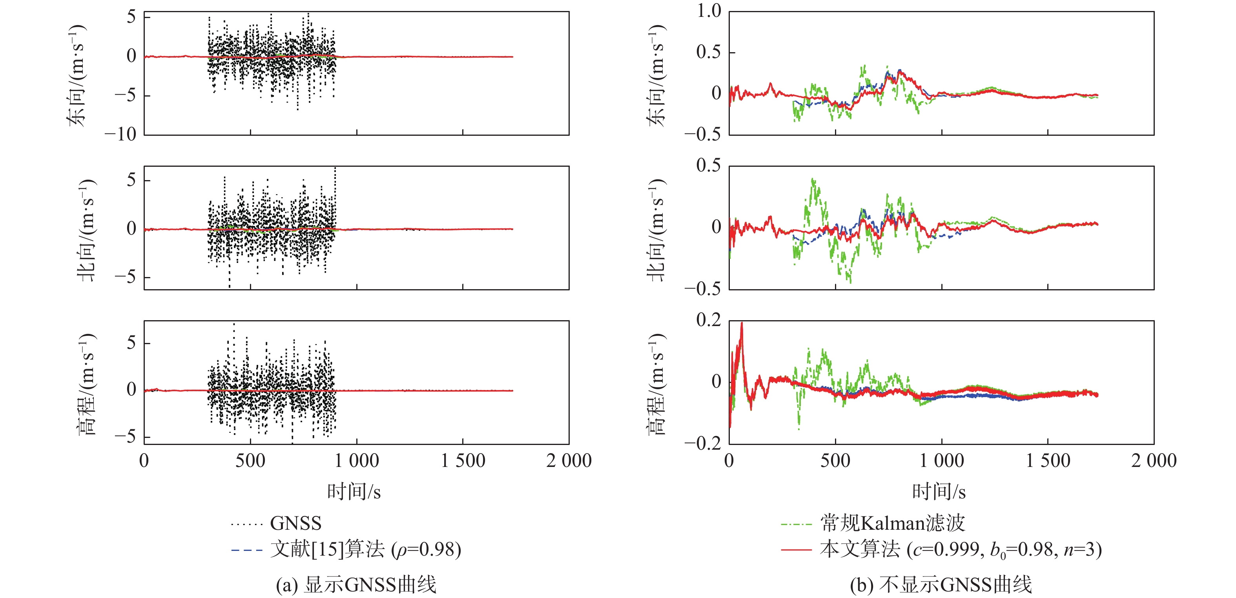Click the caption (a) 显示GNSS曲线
coord(356,585)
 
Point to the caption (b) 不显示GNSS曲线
coord(941,585)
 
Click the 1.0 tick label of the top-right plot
coord(709,11)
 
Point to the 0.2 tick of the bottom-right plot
coord(709,320)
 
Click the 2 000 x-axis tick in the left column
coord(569,461)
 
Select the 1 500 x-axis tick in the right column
coord(1048,461)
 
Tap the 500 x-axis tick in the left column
coord(250,461)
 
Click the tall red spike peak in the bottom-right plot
coord(742,323)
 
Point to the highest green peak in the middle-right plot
coord(813,179)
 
